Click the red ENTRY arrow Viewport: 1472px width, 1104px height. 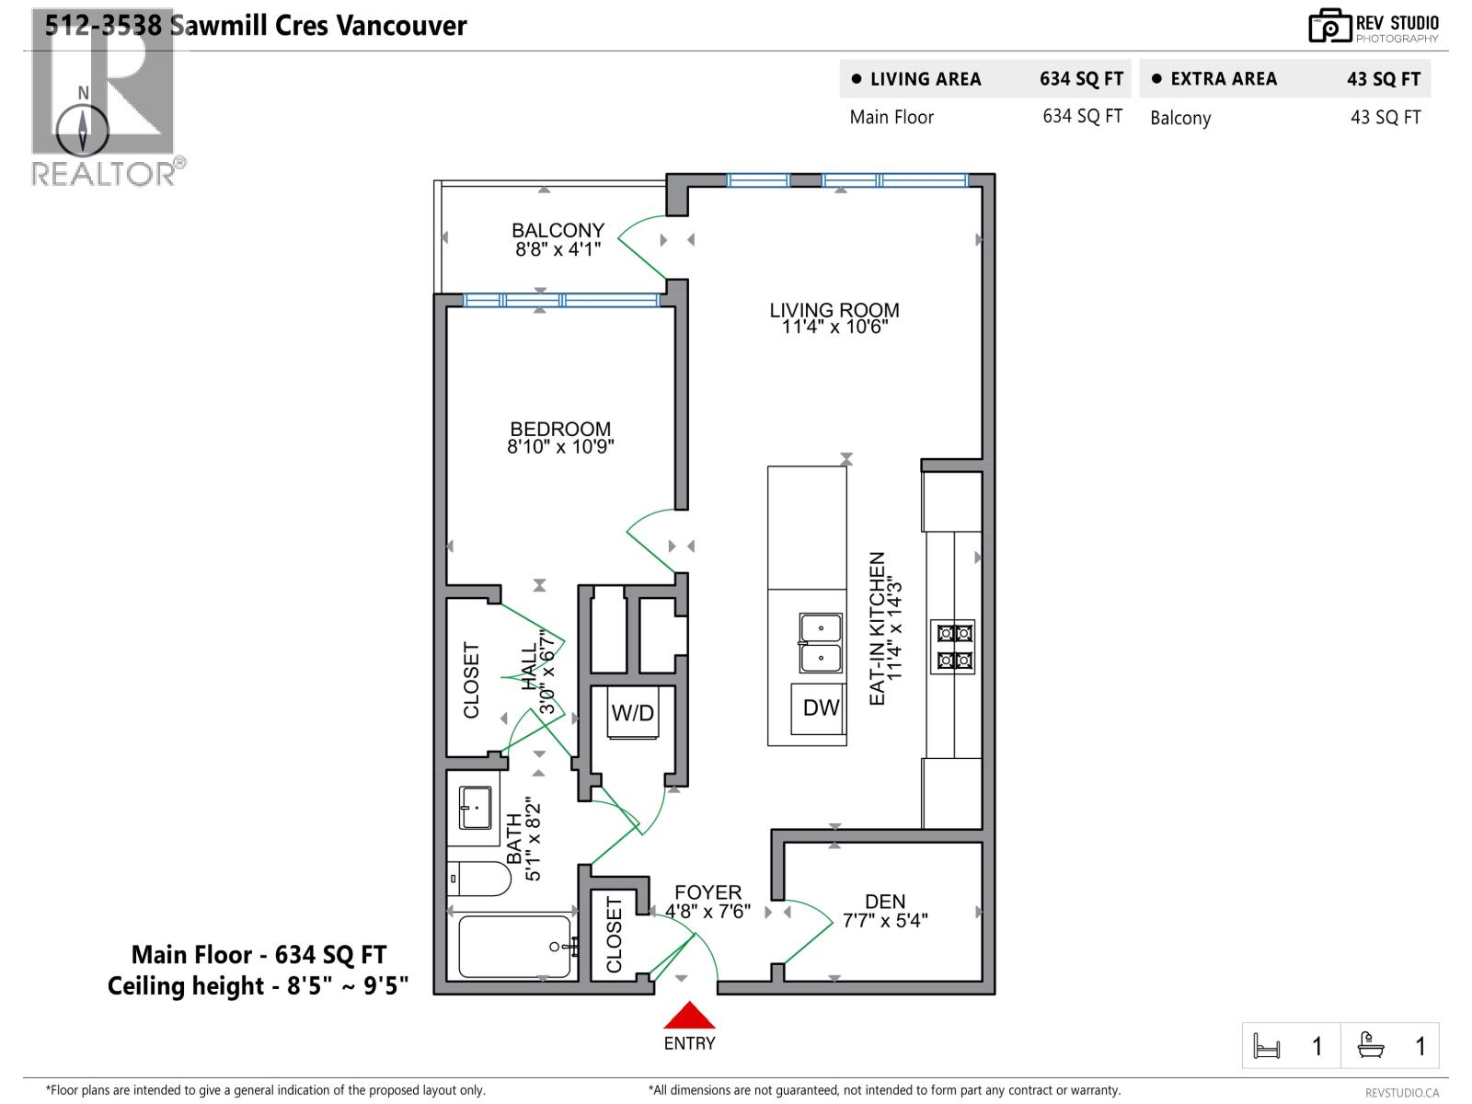click(x=689, y=1017)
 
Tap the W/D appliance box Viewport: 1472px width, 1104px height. click(x=633, y=713)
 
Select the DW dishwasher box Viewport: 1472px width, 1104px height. click(x=820, y=707)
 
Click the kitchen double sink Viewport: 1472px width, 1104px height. click(x=820, y=644)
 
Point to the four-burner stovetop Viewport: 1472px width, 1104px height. click(x=953, y=647)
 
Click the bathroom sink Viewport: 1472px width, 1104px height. click(x=476, y=807)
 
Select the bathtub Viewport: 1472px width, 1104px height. click(x=514, y=947)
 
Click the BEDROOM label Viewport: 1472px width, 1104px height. click(x=560, y=429)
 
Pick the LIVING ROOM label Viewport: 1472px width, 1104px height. click(x=834, y=310)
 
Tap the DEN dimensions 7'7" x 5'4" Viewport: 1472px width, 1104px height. click(x=885, y=921)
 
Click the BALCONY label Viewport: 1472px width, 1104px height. click(x=558, y=230)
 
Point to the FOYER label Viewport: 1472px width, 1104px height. click(x=707, y=892)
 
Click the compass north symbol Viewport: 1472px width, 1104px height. click(x=83, y=129)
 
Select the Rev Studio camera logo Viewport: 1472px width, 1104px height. click(x=1329, y=26)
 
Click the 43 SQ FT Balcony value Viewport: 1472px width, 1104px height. click(x=1385, y=118)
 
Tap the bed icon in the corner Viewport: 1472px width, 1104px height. click(x=1267, y=1046)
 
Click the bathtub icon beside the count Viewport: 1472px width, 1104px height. click(x=1371, y=1045)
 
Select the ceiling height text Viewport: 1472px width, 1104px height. click(x=258, y=986)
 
